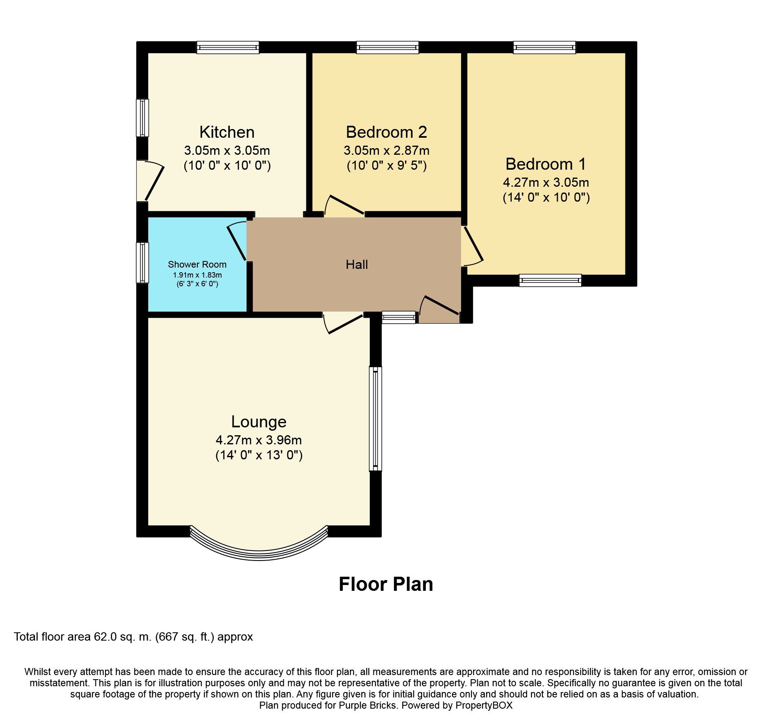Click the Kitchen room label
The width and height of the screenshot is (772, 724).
[227, 132]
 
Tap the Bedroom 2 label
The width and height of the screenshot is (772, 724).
[386, 132]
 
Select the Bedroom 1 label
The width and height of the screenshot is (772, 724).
[545, 164]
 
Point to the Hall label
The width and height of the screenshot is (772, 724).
[357, 265]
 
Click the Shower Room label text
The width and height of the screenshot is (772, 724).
[197, 265]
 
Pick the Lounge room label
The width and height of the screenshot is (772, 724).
[259, 422]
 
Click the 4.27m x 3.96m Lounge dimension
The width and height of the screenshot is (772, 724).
[259, 440]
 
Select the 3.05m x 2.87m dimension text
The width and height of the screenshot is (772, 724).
[386, 151]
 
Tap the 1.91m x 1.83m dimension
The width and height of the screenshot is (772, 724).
[197, 275]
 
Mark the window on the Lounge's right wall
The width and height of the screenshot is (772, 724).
[375, 418]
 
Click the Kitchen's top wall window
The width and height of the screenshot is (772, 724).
[228, 47]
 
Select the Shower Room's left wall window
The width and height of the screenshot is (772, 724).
[142, 263]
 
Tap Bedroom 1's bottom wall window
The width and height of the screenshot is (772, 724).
[550, 280]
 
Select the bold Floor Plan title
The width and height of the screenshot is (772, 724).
[386, 584]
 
